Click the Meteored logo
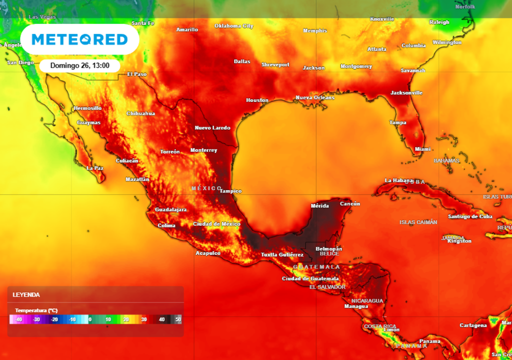point(79,39)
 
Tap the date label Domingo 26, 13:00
point(79,65)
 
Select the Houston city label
point(257,100)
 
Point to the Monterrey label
point(203,150)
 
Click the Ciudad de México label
point(217,224)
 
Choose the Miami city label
point(422,149)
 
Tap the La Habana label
point(398,180)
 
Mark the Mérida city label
point(319,205)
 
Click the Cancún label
point(350,204)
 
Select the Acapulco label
point(208,253)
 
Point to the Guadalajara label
point(170,209)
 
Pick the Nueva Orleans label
point(315,97)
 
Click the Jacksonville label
point(406,93)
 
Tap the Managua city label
point(356,306)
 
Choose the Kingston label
point(459,241)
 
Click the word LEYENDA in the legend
point(26,295)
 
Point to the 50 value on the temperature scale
point(177,319)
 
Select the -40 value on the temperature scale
point(18,319)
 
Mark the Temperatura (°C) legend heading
point(36,310)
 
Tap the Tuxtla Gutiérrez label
point(282,255)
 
